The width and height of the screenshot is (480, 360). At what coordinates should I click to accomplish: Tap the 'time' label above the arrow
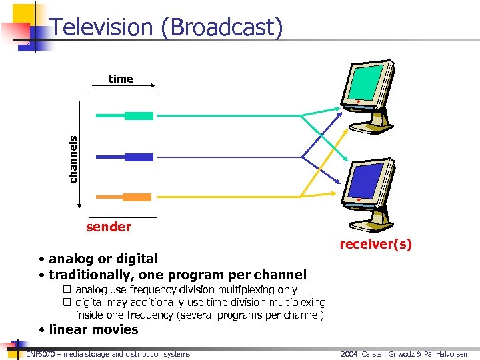click(x=121, y=79)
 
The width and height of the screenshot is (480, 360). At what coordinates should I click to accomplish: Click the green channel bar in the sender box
click(x=125, y=116)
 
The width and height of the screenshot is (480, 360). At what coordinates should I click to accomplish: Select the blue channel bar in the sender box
click(x=125, y=157)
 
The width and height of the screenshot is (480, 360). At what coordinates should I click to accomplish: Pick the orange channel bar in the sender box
click(x=125, y=197)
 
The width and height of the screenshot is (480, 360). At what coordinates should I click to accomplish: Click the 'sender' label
click(x=109, y=227)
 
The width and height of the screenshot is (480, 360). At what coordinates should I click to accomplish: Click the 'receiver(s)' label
click(x=375, y=245)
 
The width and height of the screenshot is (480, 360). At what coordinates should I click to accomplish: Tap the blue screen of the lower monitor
click(x=363, y=179)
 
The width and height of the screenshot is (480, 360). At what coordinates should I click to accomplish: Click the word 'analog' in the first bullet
click(x=71, y=259)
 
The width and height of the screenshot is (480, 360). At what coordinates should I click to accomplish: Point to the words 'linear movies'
click(x=93, y=329)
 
